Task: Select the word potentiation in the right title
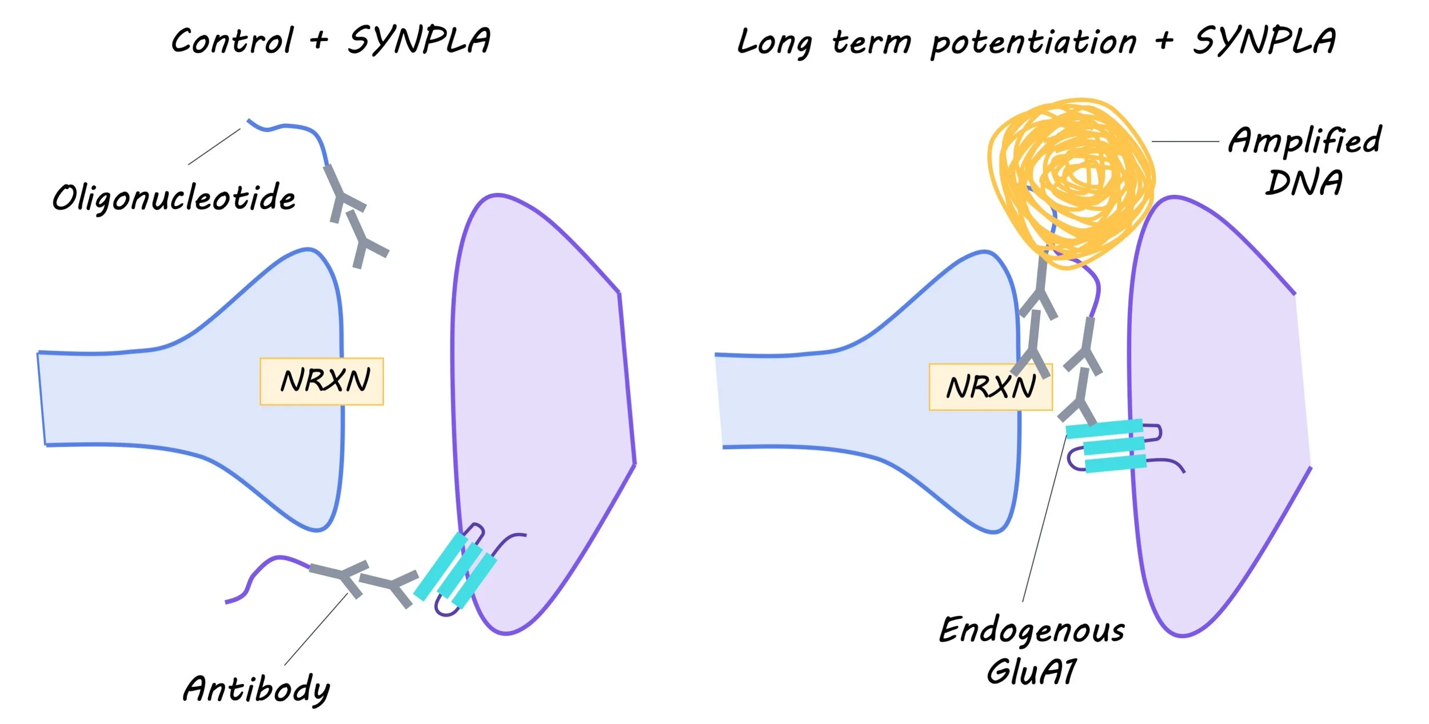[x=1033, y=42]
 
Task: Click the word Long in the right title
[x=775, y=42]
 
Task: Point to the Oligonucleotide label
[x=174, y=198]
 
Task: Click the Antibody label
[x=257, y=689]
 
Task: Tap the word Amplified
[x=1305, y=141]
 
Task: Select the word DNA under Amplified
[x=1304, y=183]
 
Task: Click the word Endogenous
[x=1032, y=631]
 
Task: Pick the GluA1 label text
[x=1032, y=671]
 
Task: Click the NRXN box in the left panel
[x=322, y=382]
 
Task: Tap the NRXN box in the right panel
[x=991, y=387]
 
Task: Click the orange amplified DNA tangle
[x=1071, y=183]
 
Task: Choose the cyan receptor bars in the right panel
[x=1106, y=446]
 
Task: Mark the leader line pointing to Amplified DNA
[x=1185, y=141]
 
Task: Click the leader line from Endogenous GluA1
[x=1044, y=518]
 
